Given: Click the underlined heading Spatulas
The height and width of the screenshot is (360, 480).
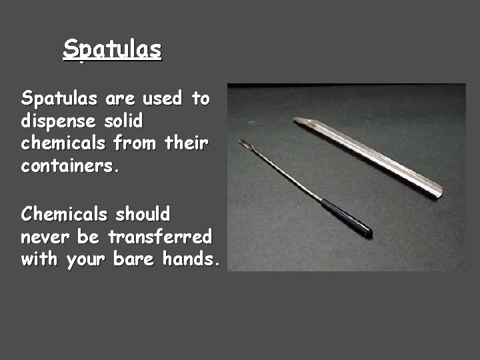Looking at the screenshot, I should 112,49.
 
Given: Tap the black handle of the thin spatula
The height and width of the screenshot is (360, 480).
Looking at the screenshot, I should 346,218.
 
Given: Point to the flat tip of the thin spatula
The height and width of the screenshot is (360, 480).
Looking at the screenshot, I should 245,143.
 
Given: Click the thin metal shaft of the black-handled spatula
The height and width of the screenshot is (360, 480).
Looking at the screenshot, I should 283,171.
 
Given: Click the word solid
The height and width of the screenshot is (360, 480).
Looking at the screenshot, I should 123,121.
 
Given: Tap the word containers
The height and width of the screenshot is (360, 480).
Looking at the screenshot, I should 70,165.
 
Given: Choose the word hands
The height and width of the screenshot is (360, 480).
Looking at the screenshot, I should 191,259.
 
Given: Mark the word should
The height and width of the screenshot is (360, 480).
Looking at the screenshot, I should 143,214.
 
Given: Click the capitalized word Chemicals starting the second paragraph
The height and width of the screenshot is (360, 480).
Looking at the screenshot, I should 64,214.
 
